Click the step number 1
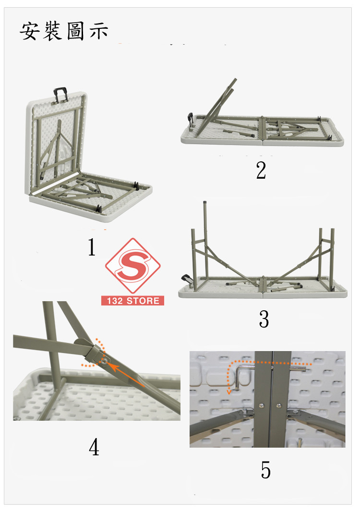click(92, 247)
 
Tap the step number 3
click(264, 319)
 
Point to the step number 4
click(94, 447)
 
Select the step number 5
click(265, 470)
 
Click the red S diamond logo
click(132, 266)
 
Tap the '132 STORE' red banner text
click(133, 301)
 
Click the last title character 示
click(98, 31)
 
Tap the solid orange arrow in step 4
click(126, 375)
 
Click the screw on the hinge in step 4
click(104, 361)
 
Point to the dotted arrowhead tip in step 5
click(229, 392)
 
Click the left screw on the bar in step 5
click(261, 405)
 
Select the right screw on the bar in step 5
click(279, 406)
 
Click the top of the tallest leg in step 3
click(204, 203)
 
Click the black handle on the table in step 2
click(190, 119)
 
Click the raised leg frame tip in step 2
click(235, 79)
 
